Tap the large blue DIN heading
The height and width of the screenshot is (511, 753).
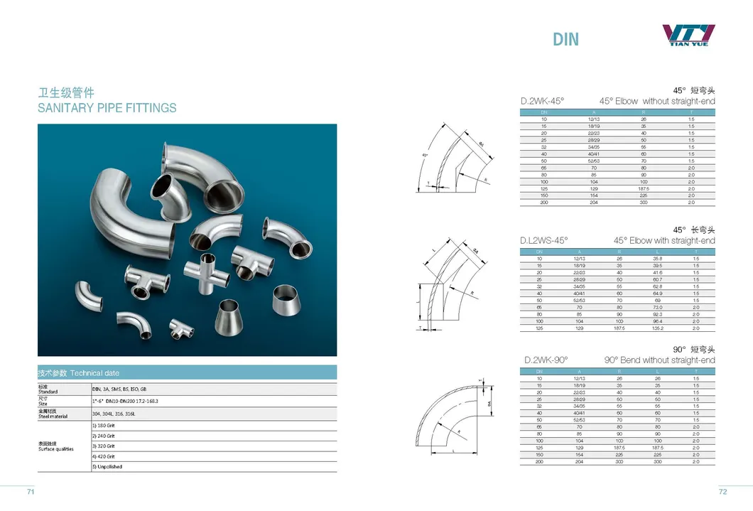[x=565, y=39]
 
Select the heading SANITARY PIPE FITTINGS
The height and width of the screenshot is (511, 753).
[x=107, y=108]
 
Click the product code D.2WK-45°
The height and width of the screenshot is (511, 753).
[x=543, y=102]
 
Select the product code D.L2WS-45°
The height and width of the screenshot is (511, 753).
[x=544, y=241]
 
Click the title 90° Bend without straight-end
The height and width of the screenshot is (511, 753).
[x=659, y=360]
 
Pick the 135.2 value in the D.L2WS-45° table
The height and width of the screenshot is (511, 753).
[x=658, y=328]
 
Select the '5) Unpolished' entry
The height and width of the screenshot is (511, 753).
[x=108, y=467]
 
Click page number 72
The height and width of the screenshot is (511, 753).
[x=722, y=491]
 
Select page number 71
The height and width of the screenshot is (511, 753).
[x=31, y=491]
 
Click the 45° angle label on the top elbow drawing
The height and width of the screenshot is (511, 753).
[x=425, y=155]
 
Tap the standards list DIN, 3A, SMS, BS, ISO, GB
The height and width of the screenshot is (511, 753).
[x=119, y=389]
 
